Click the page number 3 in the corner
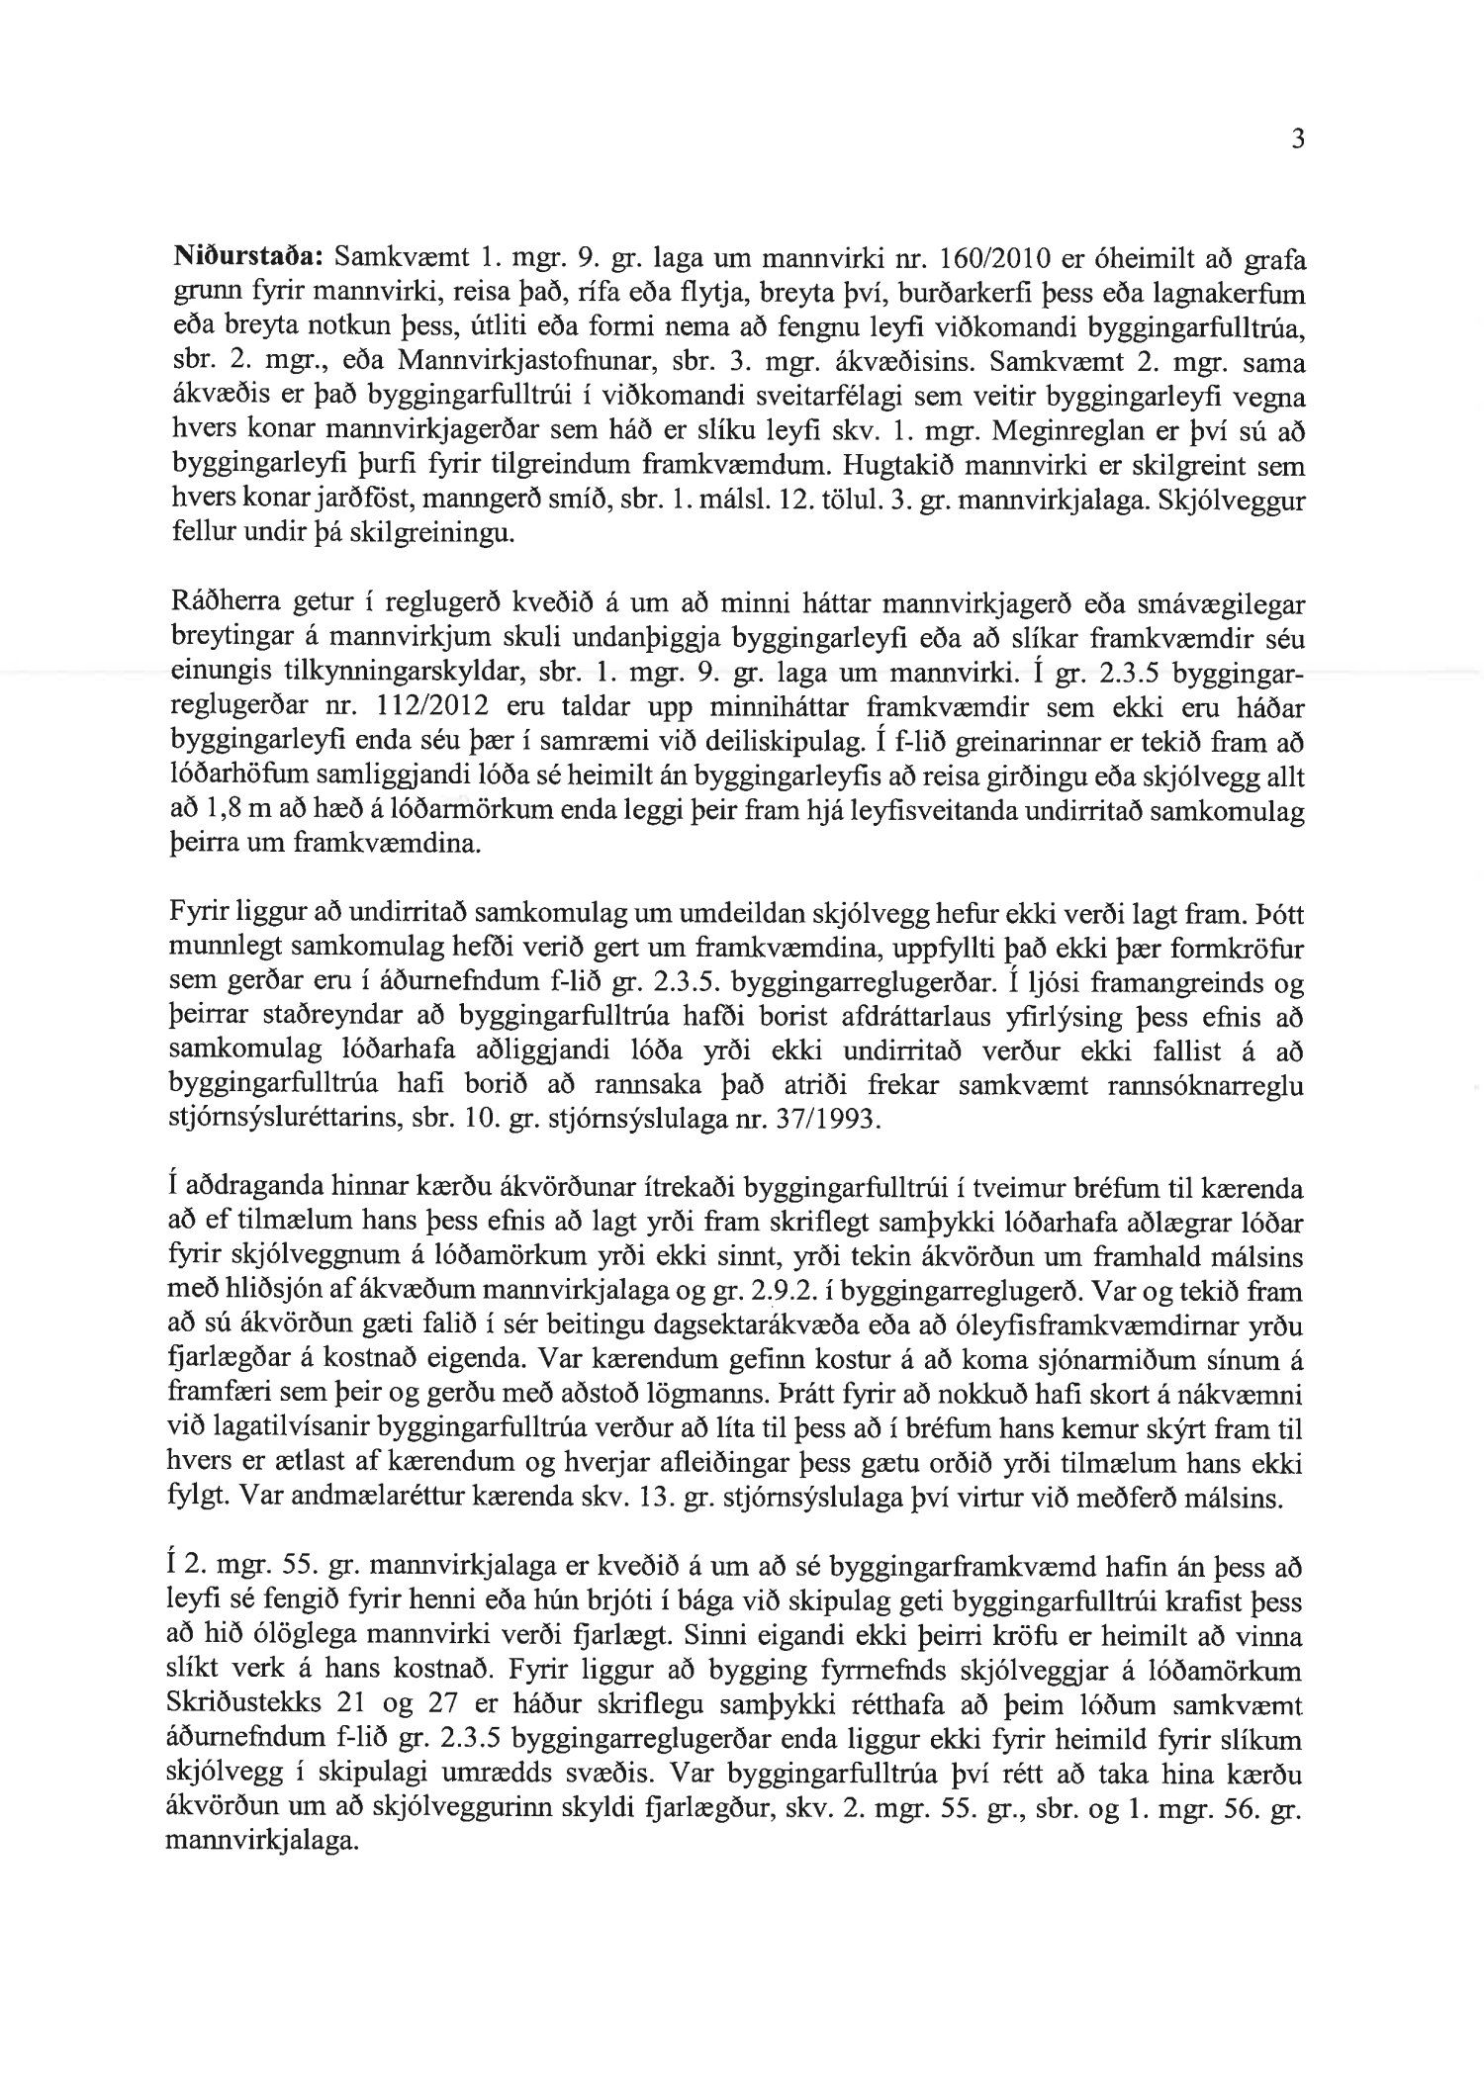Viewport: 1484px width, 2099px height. pyautogui.click(x=1298, y=140)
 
